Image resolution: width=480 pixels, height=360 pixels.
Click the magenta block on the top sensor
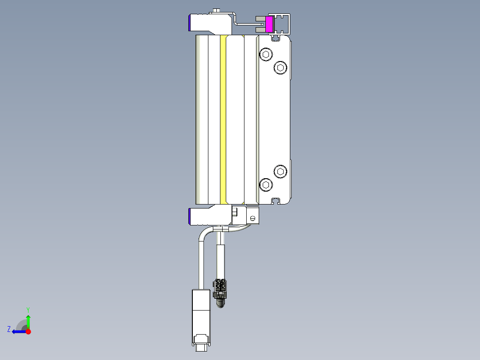[269, 24]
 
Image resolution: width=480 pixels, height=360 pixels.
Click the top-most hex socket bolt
[266, 55]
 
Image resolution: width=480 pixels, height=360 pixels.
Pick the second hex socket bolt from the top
[280, 68]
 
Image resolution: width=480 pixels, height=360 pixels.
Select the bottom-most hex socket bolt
[266, 184]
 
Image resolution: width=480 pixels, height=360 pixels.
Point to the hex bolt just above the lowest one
[280, 171]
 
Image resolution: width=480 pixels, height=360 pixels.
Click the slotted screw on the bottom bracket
[252, 218]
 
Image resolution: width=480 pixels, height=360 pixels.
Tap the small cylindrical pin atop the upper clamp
[217, 10]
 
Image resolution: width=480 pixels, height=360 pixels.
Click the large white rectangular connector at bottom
[200, 312]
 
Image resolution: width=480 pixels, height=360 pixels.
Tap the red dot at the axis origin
[28, 331]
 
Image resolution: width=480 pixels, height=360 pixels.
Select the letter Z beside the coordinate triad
[9, 329]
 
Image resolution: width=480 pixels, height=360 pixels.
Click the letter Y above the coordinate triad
[28, 309]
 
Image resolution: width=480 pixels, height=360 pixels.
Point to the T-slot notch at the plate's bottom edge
[276, 201]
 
